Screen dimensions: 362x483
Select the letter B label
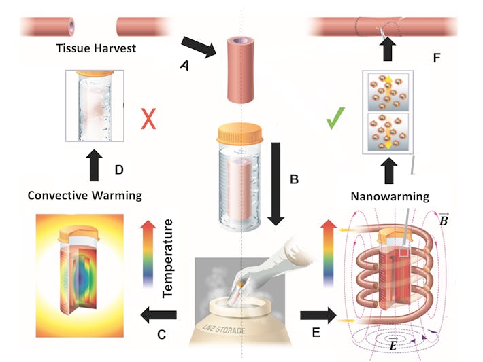click(294, 180)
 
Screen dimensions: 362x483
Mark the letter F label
click(437, 58)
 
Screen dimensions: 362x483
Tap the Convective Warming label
click(84, 196)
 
